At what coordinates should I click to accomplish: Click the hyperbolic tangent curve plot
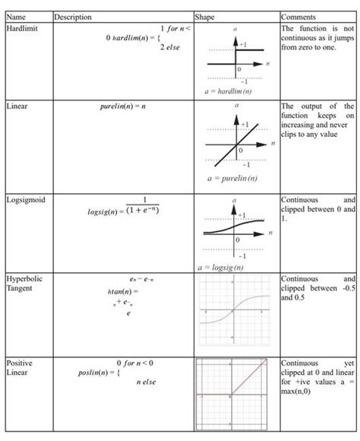tap(235, 310)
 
